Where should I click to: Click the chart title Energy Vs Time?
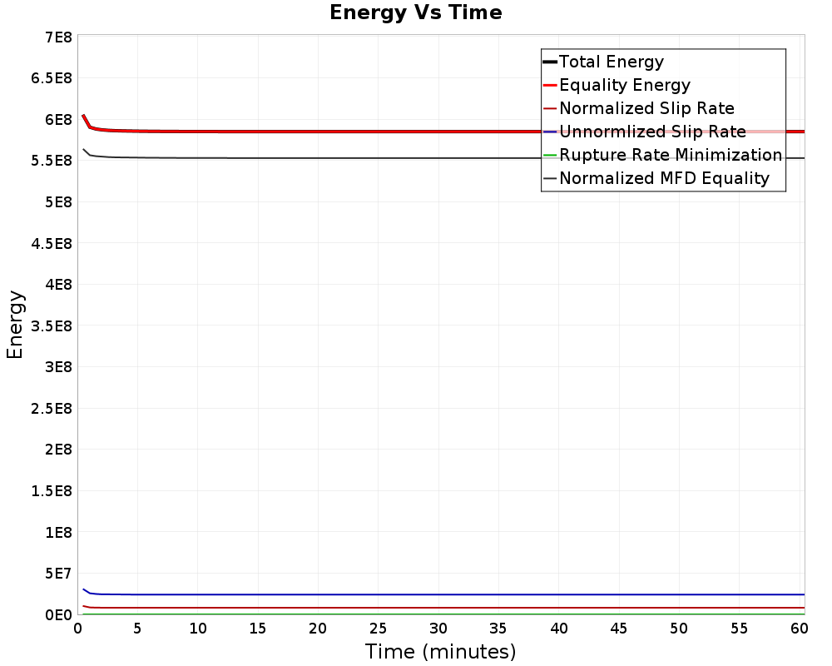click(416, 12)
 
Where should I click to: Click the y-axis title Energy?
click(15, 324)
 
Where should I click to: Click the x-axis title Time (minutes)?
click(440, 651)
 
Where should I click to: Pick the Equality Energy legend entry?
click(625, 85)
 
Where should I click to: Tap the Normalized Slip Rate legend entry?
click(646, 108)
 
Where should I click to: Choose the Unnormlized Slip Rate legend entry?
click(652, 132)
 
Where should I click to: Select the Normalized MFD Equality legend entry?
click(664, 178)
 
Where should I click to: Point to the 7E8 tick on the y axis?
click(57, 37)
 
